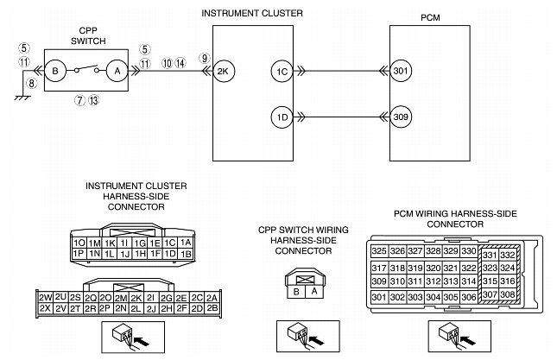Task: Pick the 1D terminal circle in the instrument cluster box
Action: [281, 116]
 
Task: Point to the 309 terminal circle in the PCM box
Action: [402, 116]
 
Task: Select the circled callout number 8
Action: [31, 84]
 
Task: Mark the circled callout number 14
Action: [180, 63]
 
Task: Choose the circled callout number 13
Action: [94, 100]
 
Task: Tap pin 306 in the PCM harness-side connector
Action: [468, 297]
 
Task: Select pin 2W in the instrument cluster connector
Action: [47, 297]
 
